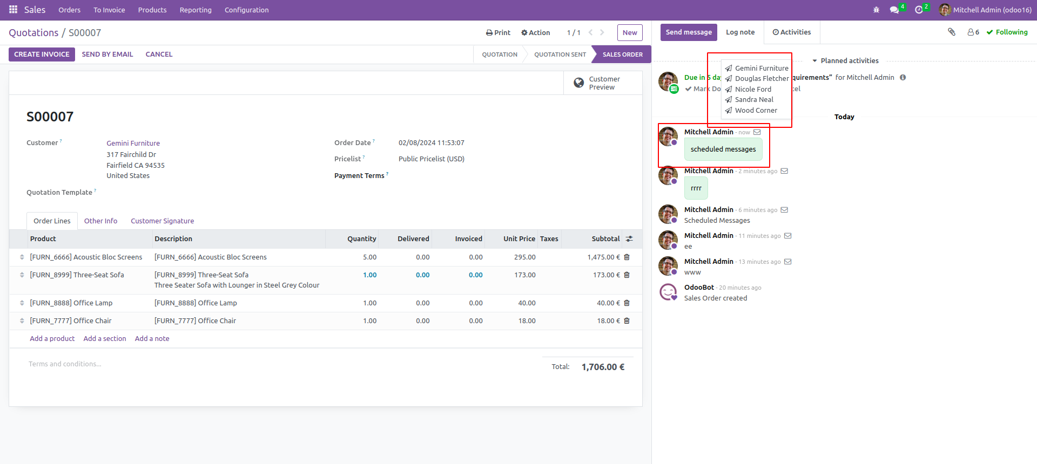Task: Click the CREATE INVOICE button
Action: pos(42,54)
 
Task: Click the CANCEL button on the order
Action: pos(159,54)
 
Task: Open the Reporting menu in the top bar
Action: pos(196,10)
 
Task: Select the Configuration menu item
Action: pos(246,10)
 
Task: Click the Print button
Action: pos(498,33)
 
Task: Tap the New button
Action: pos(630,33)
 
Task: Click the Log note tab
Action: pos(740,32)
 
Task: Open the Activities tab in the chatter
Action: pos(792,32)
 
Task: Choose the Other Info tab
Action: pos(100,221)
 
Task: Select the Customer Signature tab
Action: pos(162,221)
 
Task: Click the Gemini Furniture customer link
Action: pos(133,144)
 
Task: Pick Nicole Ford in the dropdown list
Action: pos(753,90)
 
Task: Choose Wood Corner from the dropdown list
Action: pos(756,111)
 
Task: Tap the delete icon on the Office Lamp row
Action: pos(627,303)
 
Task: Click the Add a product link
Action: pos(52,339)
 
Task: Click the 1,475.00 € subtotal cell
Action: pos(603,257)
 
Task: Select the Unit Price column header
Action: pos(519,239)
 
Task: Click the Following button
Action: pos(1007,32)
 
